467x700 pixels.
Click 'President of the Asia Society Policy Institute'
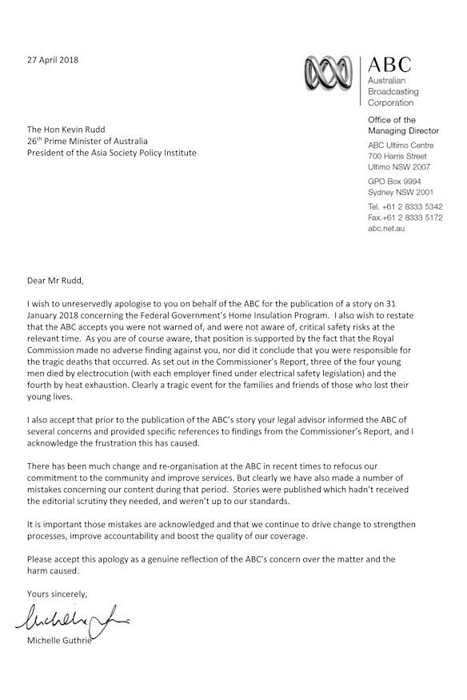pyautogui.click(x=111, y=153)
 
